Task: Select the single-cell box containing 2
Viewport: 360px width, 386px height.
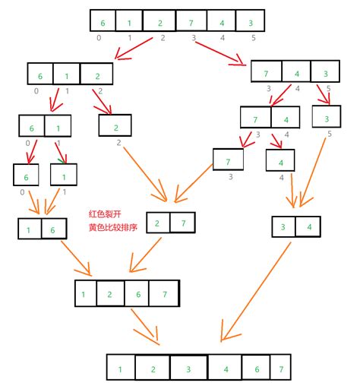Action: tap(115, 125)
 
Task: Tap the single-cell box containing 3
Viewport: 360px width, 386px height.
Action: tap(327, 118)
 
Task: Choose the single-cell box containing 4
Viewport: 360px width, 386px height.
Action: tap(280, 161)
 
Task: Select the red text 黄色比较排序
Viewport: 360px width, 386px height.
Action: tap(113, 227)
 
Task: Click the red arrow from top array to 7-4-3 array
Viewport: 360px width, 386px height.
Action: tap(225, 55)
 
